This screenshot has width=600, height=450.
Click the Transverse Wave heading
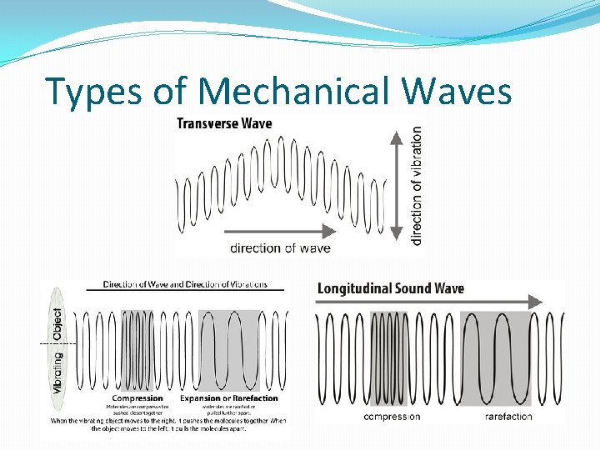coord(224,123)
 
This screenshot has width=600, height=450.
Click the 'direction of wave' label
coord(280,247)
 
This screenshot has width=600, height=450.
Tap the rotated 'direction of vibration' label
coord(417,185)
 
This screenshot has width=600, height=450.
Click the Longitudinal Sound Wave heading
coord(390,288)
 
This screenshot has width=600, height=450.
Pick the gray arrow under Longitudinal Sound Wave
coord(430,302)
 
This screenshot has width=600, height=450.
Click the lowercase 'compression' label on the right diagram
coord(392,416)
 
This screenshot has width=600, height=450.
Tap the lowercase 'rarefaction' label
coord(508,416)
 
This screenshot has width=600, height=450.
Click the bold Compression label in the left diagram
coord(137,398)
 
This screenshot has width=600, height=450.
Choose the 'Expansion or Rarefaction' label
coord(229,398)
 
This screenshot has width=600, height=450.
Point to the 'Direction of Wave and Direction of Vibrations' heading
coord(185,284)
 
